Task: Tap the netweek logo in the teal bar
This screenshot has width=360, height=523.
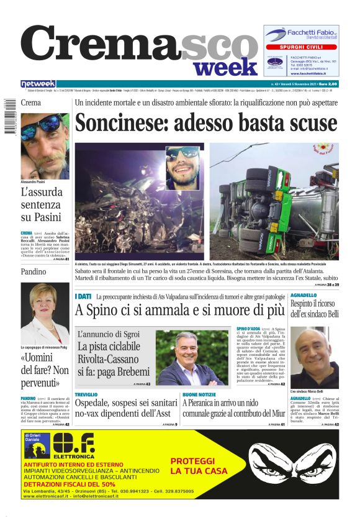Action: point(38,84)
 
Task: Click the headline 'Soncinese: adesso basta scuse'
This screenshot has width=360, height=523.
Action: point(206,123)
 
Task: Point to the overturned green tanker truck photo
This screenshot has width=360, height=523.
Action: point(273,201)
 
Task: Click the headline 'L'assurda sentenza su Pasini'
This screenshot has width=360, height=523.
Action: point(42,204)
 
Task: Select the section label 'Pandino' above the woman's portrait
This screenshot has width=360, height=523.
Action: point(33,271)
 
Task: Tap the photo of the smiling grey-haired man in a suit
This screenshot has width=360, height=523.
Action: point(192,357)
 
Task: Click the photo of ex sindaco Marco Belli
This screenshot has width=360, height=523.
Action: point(314,357)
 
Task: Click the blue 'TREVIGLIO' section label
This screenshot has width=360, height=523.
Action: point(86,394)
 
